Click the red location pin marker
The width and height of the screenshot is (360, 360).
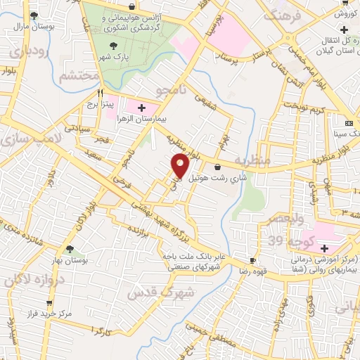point(181,166)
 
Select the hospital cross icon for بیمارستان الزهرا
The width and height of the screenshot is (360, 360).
point(142,108)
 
